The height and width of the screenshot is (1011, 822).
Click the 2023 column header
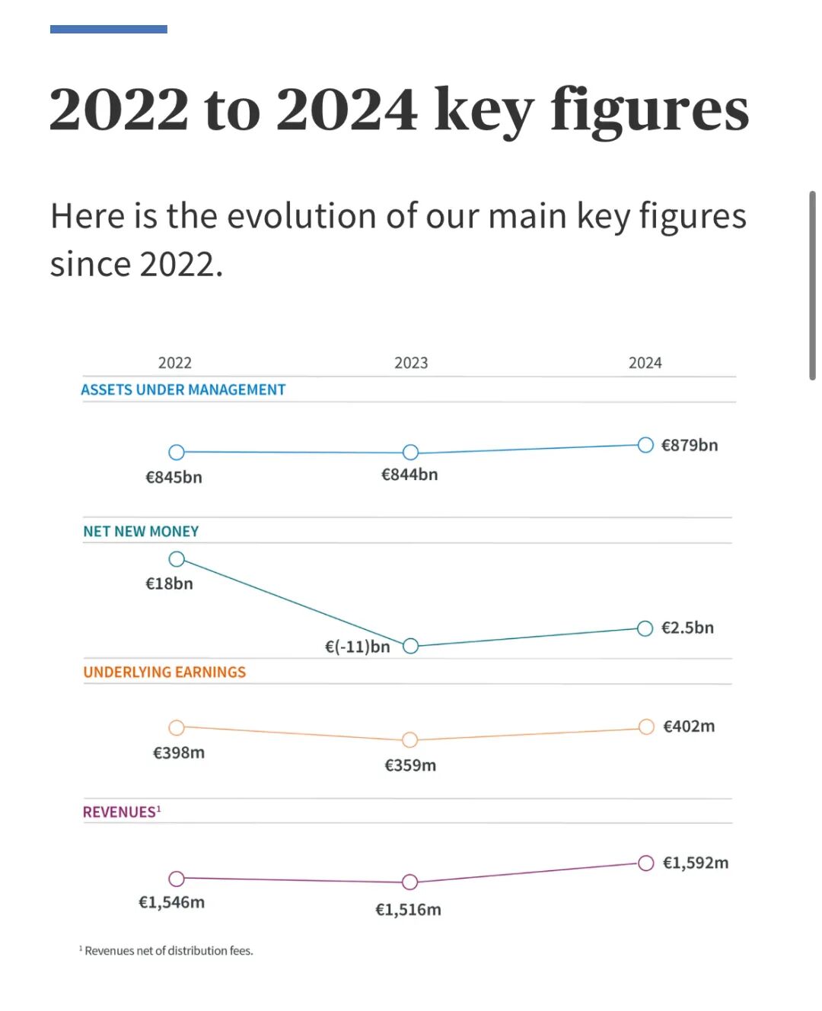(x=411, y=363)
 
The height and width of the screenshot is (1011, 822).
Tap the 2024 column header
(x=645, y=363)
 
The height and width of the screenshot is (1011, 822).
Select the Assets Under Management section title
(x=183, y=389)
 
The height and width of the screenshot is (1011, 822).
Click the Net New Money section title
(x=141, y=531)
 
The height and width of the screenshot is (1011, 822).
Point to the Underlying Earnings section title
(x=164, y=672)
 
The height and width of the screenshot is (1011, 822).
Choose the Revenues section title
(x=121, y=812)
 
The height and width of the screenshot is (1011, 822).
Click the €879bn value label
(x=689, y=445)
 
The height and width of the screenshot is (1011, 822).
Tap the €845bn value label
(x=174, y=477)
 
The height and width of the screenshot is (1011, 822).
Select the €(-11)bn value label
(x=357, y=647)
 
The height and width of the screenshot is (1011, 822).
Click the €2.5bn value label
(x=687, y=628)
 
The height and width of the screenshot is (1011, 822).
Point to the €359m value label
(x=410, y=765)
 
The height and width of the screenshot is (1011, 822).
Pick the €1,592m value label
(x=695, y=863)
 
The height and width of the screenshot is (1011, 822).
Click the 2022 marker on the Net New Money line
(x=177, y=559)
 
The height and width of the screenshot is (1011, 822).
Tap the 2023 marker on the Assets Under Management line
(x=410, y=452)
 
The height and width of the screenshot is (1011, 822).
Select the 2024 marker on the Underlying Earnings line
(x=646, y=726)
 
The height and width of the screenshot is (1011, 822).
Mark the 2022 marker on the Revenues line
(x=177, y=879)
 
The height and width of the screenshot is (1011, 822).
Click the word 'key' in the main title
(x=483, y=110)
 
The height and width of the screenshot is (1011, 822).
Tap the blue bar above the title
(x=108, y=29)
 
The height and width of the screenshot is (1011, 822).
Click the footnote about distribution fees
(x=167, y=950)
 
